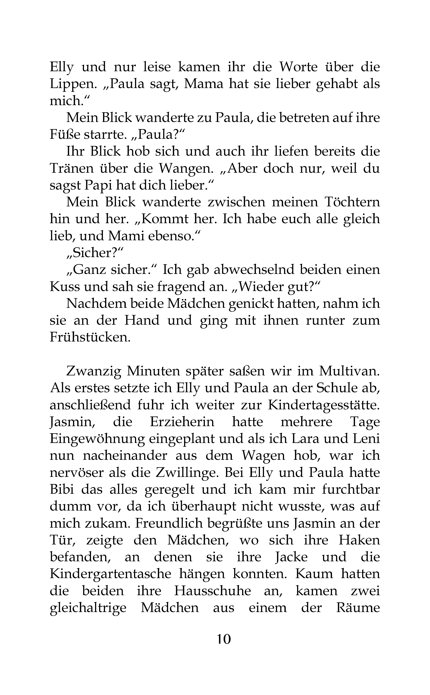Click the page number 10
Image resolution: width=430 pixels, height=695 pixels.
(x=224, y=640)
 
